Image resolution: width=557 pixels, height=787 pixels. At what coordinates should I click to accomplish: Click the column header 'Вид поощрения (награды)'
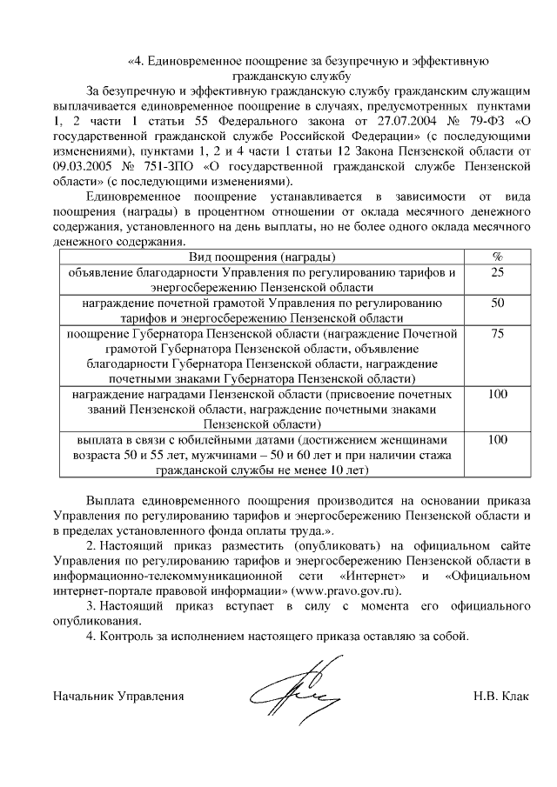coord(262,257)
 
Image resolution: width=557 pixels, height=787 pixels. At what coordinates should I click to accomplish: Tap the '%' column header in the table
coord(498,257)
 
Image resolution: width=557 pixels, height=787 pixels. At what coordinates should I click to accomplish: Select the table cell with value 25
coord(498,272)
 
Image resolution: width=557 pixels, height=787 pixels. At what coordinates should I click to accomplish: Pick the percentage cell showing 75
coord(498,334)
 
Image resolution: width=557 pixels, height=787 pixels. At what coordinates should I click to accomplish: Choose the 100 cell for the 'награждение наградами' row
coord(498,395)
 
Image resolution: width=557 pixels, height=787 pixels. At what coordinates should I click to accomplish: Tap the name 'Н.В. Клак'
coord(501,697)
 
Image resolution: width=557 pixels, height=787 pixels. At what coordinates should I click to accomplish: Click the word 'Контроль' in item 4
coord(128,636)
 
